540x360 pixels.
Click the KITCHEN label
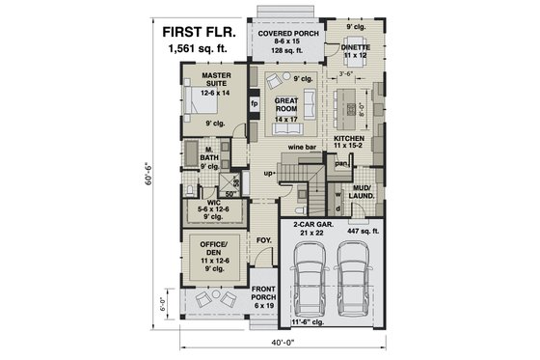pyautogui.click(x=349, y=144)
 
